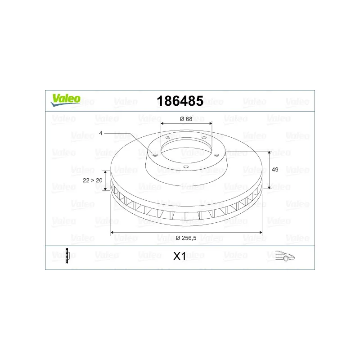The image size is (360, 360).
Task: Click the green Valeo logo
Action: point(66,100)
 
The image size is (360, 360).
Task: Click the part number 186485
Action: point(180,101)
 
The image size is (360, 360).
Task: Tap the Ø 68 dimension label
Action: point(186,119)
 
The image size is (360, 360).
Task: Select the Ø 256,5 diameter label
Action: point(186,238)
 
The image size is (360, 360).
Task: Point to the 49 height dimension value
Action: point(275,170)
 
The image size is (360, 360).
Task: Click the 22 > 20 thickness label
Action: point(93,180)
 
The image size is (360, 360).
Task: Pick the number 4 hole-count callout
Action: point(100,133)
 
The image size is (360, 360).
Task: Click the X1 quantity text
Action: point(180,256)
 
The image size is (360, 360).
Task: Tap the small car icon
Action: point(285,256)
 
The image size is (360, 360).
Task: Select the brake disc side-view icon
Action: point(67,256)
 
